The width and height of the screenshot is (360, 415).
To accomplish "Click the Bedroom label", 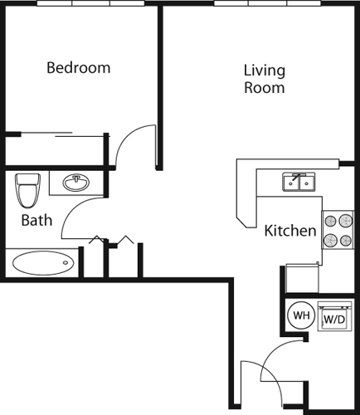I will click(78, 68).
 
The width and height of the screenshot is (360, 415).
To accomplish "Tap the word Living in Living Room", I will click(265, 70).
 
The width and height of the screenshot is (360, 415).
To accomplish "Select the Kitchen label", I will click(289, 231).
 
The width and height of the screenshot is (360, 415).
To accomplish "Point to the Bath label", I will click(36, 221).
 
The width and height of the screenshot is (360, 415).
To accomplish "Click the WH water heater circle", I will click(300, 315).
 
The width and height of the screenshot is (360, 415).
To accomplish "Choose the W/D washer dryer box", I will click(333, 318).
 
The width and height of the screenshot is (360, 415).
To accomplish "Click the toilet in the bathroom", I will click(28, 190).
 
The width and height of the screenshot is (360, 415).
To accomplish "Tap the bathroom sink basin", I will click(78, 182).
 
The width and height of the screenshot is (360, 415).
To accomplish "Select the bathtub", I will click(42, 264).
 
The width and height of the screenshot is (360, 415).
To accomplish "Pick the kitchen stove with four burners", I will click(338, 231).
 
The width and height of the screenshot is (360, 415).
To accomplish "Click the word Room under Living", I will click(265, 87).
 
